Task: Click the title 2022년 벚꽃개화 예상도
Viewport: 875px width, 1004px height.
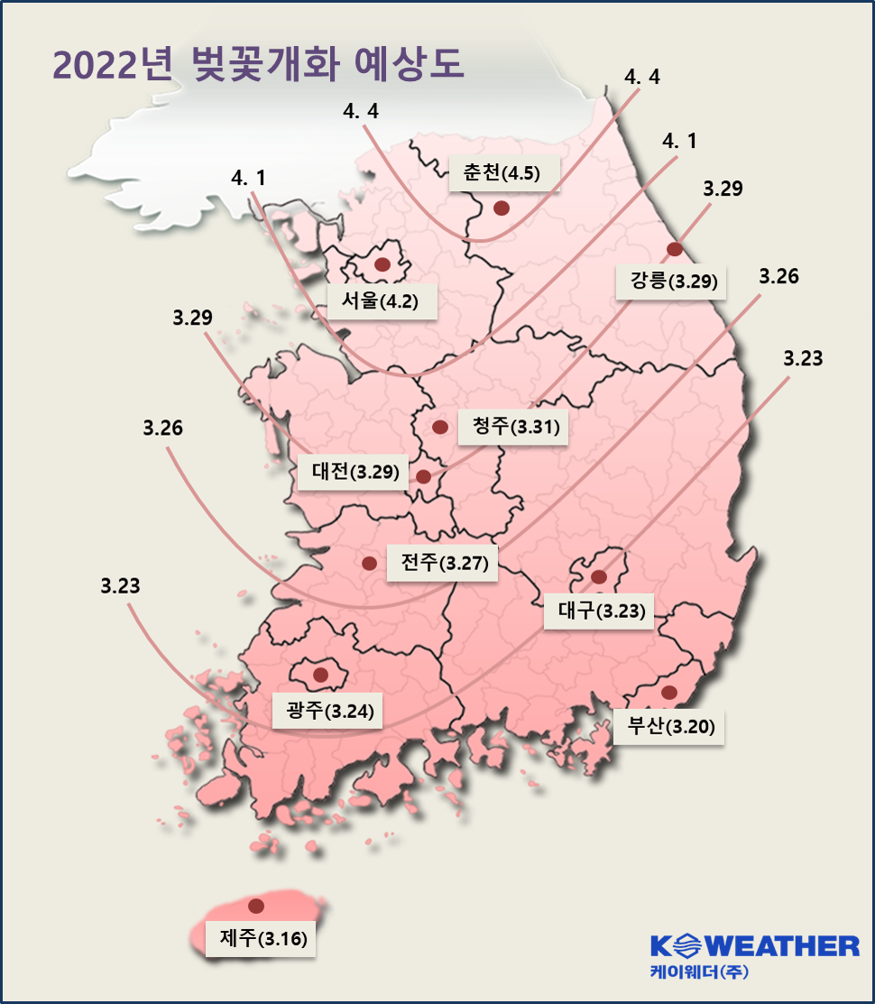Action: pyautogui.click(x=258, y=65)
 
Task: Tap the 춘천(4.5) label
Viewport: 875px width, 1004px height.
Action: pyautogui.click(x=502, y=173)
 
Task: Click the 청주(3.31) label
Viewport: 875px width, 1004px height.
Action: pyautogui.click(x=510, y=426)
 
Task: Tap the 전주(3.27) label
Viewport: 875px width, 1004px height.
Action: pyautogui.click(x=437, y=564)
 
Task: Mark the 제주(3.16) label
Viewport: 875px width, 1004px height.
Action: pyautogui.click(x=262, y=938)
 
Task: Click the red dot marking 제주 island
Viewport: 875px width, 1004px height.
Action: pyautogui.click(x=256, y=906)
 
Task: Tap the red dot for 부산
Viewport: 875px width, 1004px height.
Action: pyautogui.click(x=668, y=692)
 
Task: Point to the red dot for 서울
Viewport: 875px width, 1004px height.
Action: pyautogui.click(x=382, y=264)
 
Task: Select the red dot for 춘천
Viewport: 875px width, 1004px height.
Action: pyautogui.click(x=502, y=208)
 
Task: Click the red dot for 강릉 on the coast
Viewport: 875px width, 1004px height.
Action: pyautogui.click(x=674, y=250)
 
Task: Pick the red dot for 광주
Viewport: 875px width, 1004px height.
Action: pyautogui.click(x=320, y=675)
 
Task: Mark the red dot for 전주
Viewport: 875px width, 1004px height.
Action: pyautogui.click(x=368, y=564)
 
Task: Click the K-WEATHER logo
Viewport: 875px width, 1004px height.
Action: pyautogui.click(x=755, y=945)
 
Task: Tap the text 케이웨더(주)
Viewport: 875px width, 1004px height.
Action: pyautogui.click(x=698, y=972)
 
